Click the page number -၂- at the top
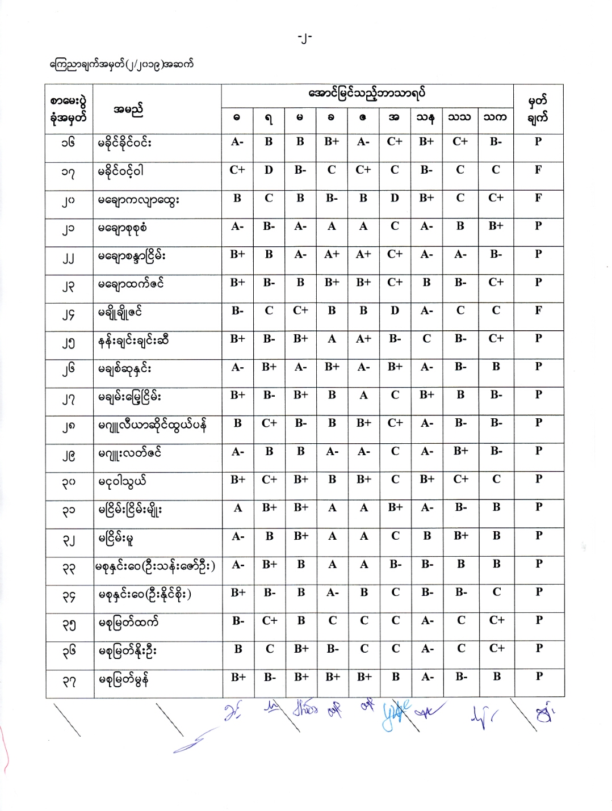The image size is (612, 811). coord(305,39)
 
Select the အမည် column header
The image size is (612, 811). coord(128,109)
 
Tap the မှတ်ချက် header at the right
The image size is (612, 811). coord(538,110)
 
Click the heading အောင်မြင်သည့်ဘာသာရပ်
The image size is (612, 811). coord(366,94)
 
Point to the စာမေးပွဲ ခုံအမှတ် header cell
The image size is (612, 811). coord(69,110)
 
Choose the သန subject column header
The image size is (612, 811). coord(426,117)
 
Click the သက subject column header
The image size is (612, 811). coord(495,117)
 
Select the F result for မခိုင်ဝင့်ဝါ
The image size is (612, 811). coord(538,170)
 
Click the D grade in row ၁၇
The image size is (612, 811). coord(269,170)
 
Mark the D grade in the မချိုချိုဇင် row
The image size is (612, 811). coord(395,310)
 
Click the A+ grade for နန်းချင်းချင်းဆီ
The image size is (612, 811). coord(363,339)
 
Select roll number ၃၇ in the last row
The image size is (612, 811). coord(69,681)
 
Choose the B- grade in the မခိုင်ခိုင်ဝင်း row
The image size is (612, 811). coord(496,142)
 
